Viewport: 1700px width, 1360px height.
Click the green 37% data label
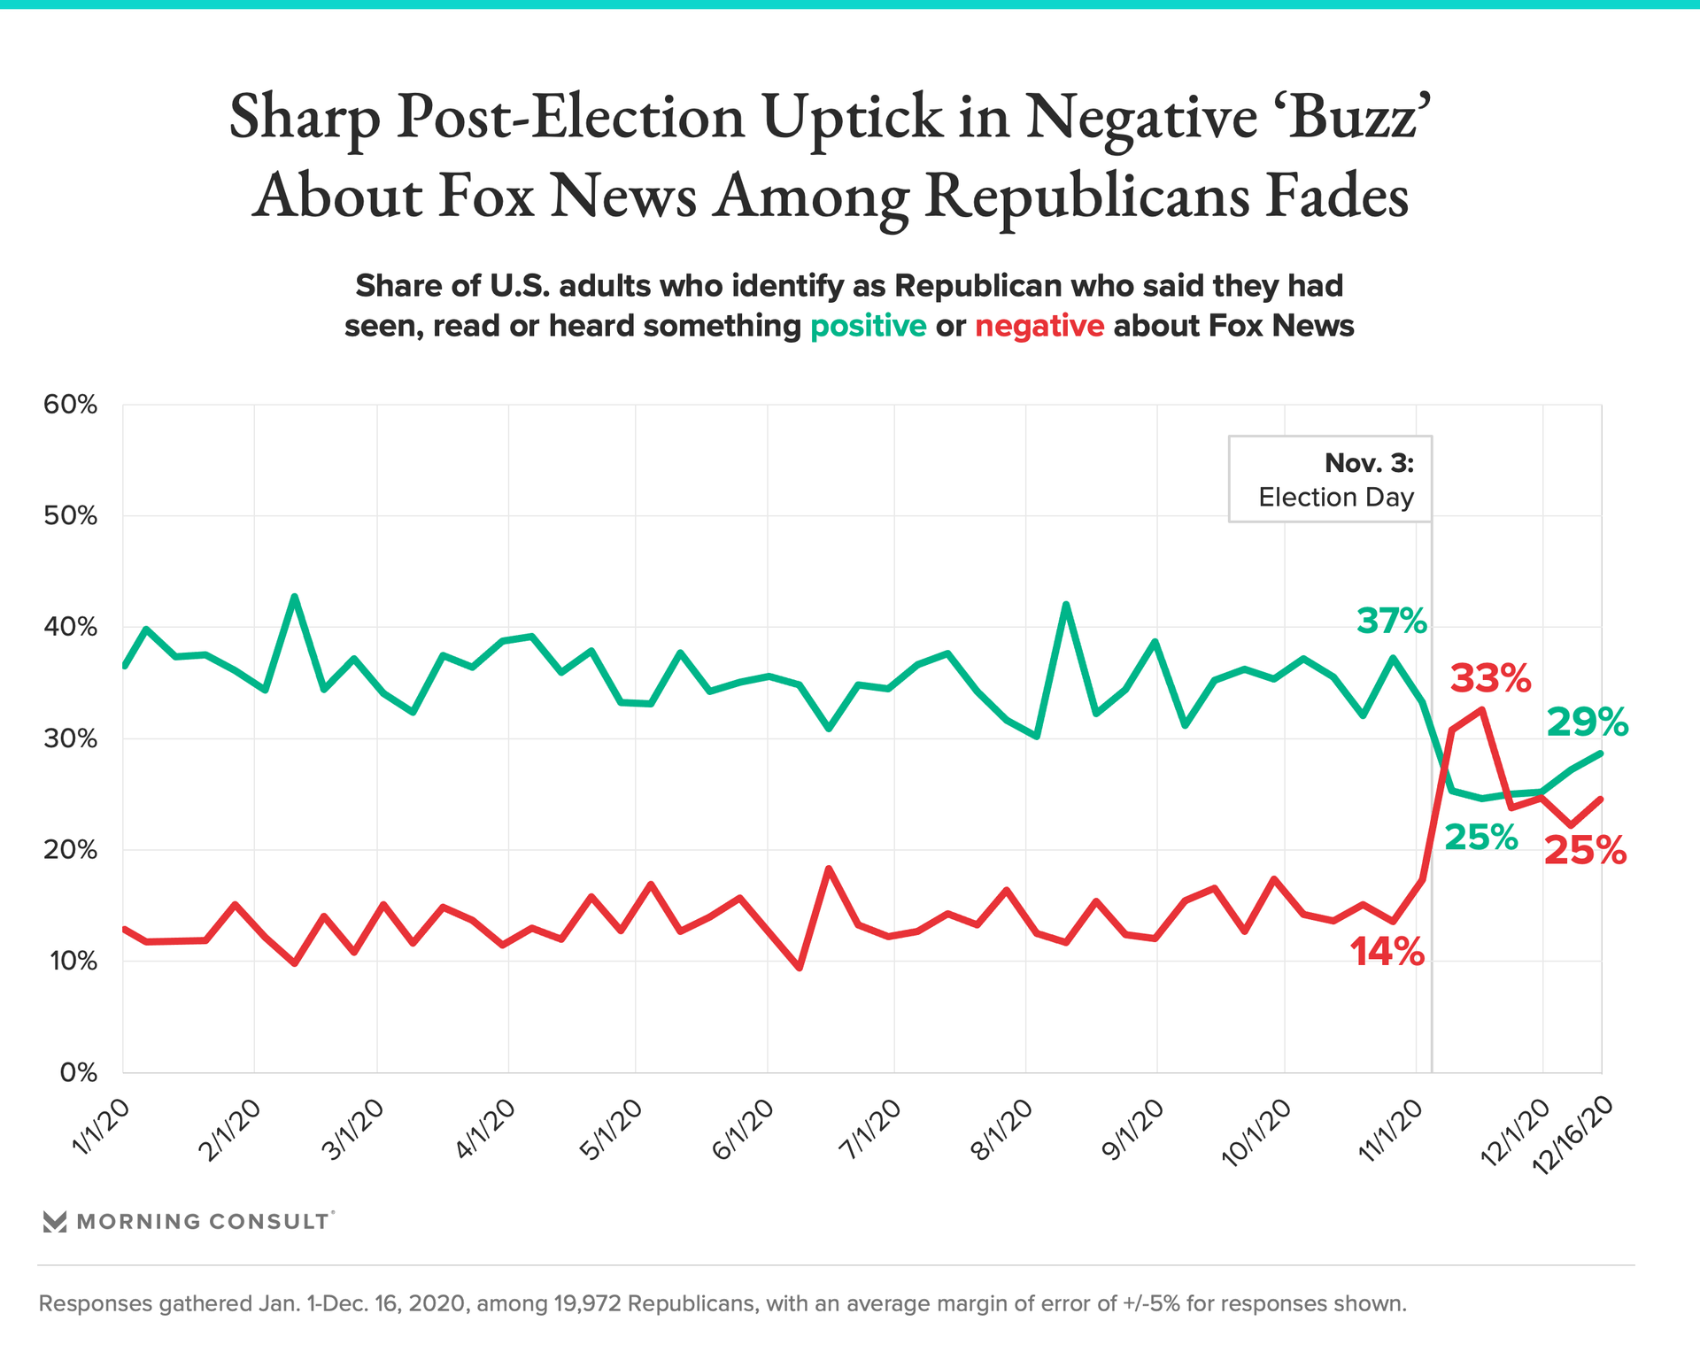[1391, 622]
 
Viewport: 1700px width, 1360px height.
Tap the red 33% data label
[1490, 679]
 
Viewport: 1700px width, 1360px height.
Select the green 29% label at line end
[1587, 722]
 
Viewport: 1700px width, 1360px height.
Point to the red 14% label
[1387, 953]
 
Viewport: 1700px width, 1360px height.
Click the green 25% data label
[1480, 837]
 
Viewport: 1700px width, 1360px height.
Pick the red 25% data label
[1585, 851]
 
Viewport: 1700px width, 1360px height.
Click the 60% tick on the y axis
[70, 405]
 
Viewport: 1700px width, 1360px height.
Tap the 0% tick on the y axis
[78, 1073]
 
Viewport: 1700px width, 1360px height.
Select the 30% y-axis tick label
[70, 738]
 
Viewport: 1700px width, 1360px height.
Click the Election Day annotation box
[1330, 479]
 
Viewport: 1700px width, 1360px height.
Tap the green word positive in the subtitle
[868, 326]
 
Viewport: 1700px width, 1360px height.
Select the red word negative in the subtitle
[1039, 326]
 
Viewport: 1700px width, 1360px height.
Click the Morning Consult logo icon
[55, 1222]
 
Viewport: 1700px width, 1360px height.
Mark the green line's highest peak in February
[295, 597]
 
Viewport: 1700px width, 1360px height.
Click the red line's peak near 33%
[1481, 709]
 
